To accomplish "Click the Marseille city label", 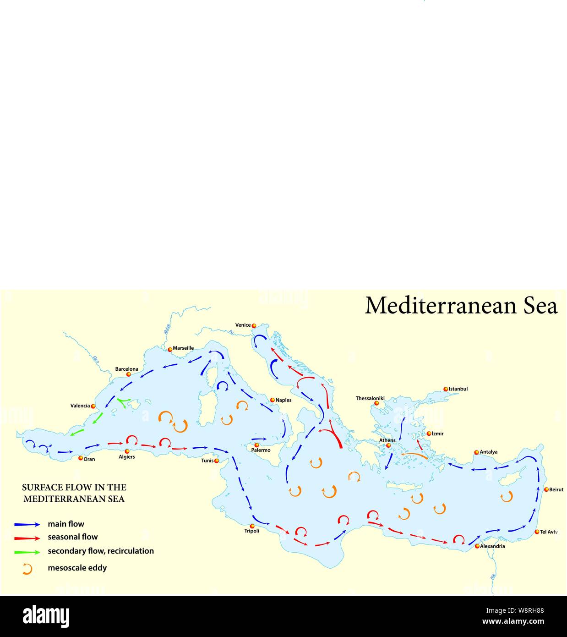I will coord(183,348).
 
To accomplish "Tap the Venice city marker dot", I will coord(254,325).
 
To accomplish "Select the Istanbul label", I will coord(458,389).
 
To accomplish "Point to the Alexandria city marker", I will coord(477,546).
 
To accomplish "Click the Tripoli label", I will coord(252,531).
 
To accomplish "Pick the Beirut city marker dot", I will coord(546,489).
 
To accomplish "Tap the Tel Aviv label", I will coord(549,532).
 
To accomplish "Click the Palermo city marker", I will coord(256,445).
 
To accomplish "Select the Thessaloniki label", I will coord(370,398).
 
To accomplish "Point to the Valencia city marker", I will coord(93,406).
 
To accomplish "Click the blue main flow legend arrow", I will coord(27,524).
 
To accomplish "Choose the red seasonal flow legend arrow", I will coord(27,538).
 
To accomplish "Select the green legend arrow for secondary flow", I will coord(27,552).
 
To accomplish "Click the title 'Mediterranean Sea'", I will coord(461,306).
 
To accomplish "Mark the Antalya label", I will coord(488,452).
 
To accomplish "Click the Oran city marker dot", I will coord(81,458).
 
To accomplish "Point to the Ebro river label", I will coord(96,359).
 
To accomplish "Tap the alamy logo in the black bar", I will coord(46,616).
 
